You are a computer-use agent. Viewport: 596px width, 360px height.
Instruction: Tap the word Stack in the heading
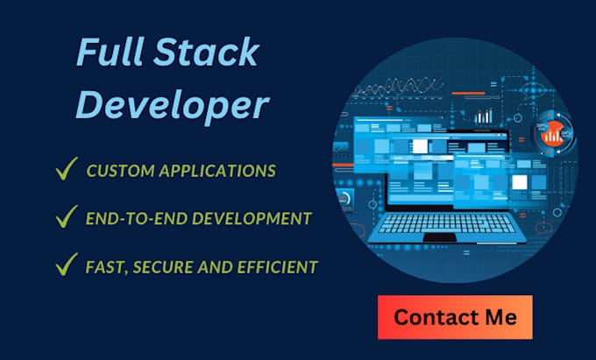[208, 54]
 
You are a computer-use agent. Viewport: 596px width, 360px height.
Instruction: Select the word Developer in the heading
[171, 106]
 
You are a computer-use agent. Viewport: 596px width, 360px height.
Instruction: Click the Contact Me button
[455, 316]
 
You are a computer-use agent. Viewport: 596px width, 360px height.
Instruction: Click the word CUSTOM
[119, 170]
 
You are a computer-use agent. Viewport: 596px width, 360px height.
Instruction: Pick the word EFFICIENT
[278, 265]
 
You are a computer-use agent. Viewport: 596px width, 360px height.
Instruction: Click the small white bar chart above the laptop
[483, 115]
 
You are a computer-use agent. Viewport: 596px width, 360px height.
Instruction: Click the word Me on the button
[499, 316]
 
